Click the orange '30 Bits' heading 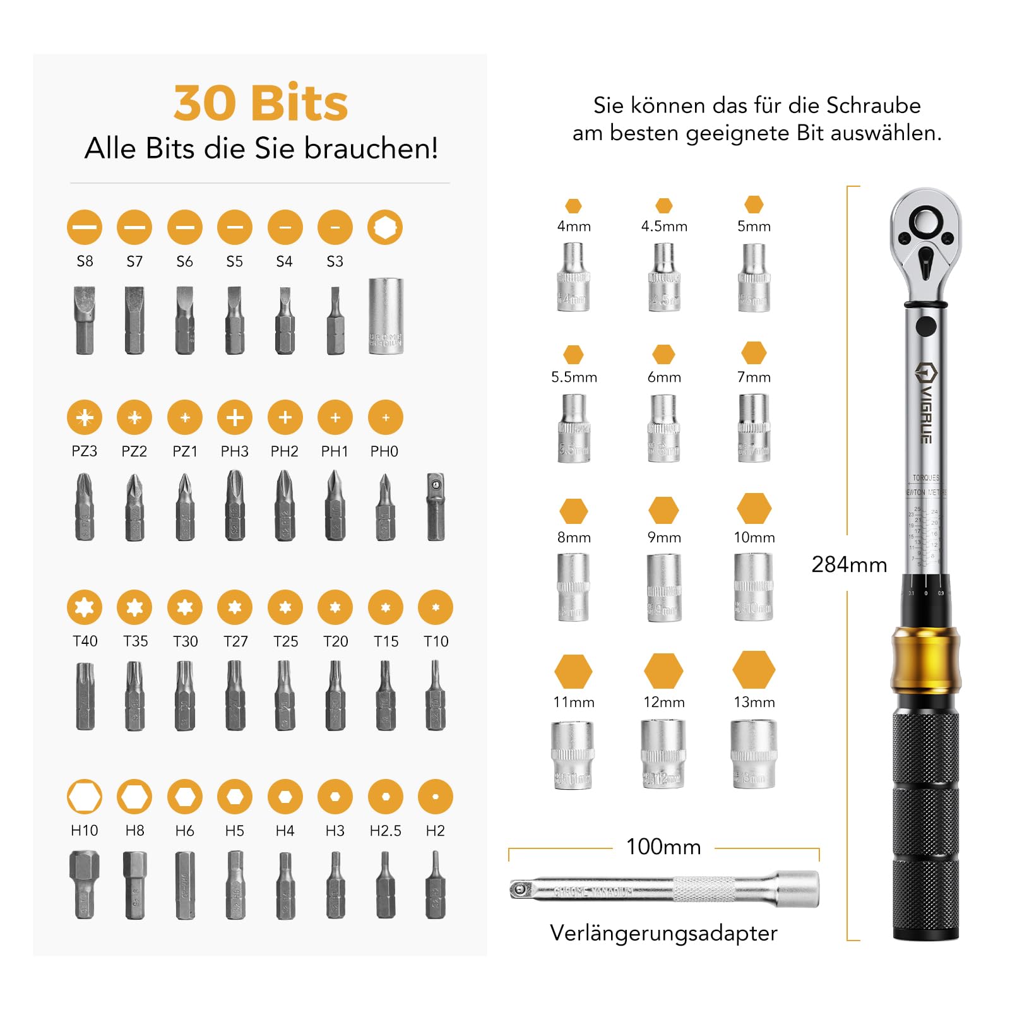[x=261, y=103]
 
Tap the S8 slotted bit [x=85, y=320]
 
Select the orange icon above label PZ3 [x=85, y=417]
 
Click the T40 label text [x=85, y=641]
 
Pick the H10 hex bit [x=85, y=884]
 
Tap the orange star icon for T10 [x=436, y=607]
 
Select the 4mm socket [x=573, y=278]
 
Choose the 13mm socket [x=754, y=754]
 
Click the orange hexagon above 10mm [x=754, y=509]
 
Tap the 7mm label [x=754, y=377]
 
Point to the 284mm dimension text [x=849, y=564]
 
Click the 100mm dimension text [x=663, y=847]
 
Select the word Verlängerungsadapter [x=663, y=933]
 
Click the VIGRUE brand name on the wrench [x=926, y=404]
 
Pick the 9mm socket [x=663, y=587]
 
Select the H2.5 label [x=385, y=831]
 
